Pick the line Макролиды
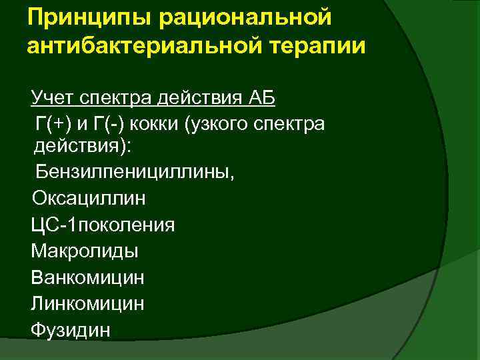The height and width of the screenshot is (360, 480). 85,251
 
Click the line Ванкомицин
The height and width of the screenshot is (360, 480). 87,277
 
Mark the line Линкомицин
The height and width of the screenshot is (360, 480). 87,303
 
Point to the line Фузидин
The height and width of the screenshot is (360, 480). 71,329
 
